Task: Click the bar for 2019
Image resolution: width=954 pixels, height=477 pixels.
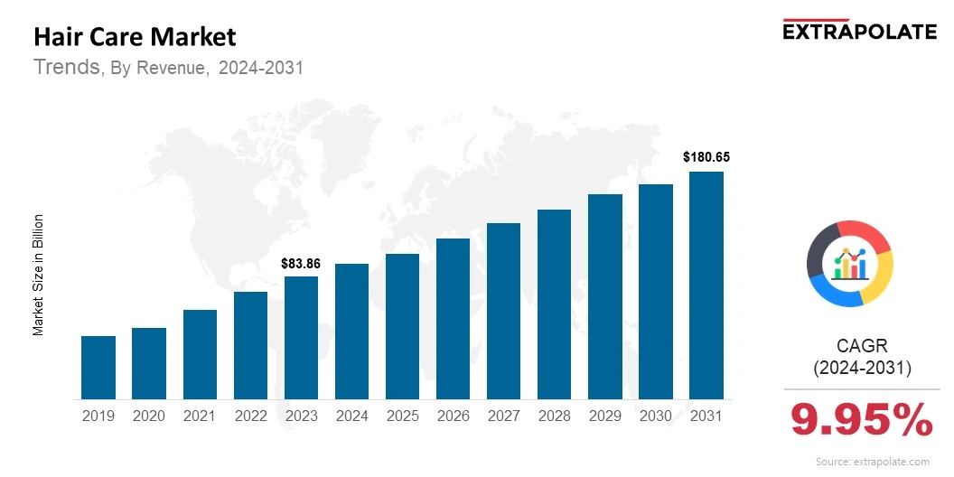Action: tap(98, 368)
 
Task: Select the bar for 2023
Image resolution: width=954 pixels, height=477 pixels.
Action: tap(301, 338)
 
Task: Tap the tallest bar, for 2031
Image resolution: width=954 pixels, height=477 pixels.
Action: tap(706, 285)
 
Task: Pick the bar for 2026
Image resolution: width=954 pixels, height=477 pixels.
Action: tap(453, 319)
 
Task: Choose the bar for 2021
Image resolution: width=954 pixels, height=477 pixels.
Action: tap(200, 354)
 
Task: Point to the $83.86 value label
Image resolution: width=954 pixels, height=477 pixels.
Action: tap(301, 263)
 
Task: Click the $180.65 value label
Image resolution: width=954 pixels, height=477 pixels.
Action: tap(706, 157)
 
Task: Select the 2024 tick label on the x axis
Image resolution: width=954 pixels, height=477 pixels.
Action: tap(351, 416)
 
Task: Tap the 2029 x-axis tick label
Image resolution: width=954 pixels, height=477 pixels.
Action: tap(605, 416)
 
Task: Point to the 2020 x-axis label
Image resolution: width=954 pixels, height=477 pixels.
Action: tap(148, 416)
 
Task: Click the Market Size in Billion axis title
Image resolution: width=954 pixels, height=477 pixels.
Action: tap(39, 275)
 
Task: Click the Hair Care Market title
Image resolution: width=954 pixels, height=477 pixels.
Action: tap(135, 37)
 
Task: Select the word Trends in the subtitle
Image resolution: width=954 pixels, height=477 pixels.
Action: tap(67, 67)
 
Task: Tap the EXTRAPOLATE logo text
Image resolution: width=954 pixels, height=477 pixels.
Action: tap(859, 32)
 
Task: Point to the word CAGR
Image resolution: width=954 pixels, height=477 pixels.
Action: tap(862, 345)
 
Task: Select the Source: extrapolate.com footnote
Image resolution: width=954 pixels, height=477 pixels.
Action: tap(872, 462)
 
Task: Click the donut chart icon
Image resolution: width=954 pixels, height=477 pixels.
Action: tap(849, 263)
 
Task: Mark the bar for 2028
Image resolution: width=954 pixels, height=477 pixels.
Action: tap(554, 304)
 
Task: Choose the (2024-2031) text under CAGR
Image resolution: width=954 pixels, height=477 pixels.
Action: tap(862, 368)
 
